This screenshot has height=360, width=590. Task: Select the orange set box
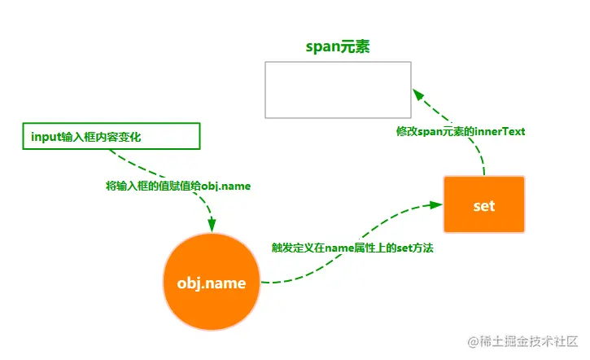point(484,204)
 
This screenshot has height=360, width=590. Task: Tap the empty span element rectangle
point(338,90)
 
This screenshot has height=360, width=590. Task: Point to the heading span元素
point(338,46)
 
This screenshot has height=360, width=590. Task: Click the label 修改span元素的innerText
point(461,131)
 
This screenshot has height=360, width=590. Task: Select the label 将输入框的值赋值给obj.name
point(178,187)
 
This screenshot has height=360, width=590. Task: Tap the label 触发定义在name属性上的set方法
point(352,248)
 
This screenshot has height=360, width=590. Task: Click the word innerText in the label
point(504,131)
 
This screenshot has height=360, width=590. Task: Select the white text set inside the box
point(484,205)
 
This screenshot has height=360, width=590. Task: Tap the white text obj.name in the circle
point(212,283)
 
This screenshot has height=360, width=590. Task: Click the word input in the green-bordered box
point(45,137)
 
